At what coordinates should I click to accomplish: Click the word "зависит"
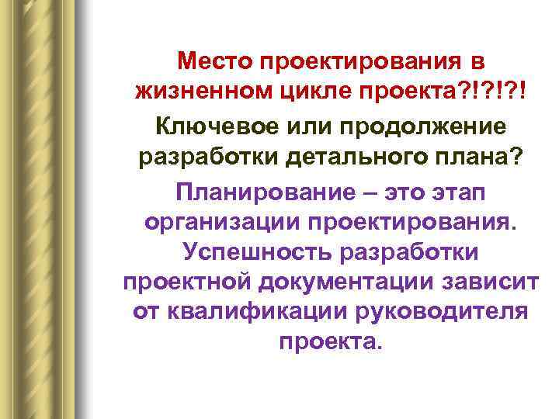(479, 283)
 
